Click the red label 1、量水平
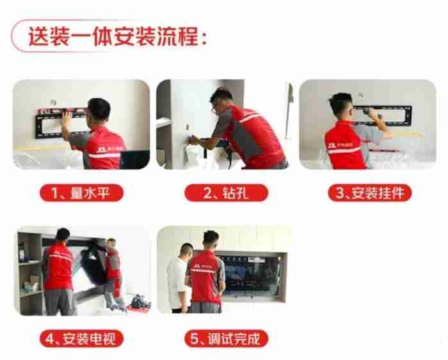point(82,192)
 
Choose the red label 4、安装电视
point(82,338)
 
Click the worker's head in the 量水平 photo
point(99,110)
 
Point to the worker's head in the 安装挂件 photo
point(341,105)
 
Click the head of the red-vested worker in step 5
point(211,241)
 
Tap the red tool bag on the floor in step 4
point(135,308)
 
